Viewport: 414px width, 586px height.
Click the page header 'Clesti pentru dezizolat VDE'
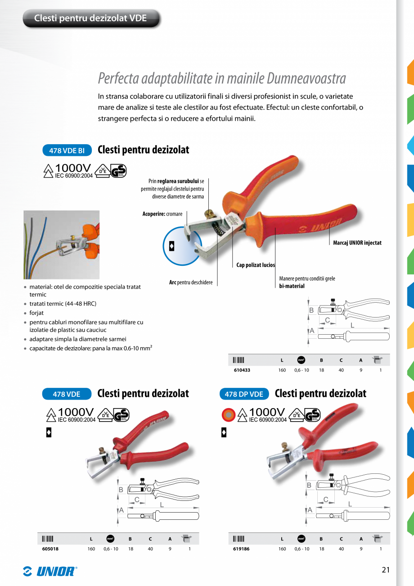pos(90,18)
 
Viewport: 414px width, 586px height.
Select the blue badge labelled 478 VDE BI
pos(67,150)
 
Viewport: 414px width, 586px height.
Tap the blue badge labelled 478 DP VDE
pos(243,394)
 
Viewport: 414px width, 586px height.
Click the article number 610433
pos(242,370)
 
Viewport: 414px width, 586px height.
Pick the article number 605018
pos(50,549)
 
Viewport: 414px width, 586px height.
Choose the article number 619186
pos(242,549)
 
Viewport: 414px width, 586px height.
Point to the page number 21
pos(385,570)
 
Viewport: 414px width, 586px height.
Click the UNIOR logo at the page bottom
pos(50,571)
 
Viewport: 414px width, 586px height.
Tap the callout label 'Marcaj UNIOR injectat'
pos(357,243)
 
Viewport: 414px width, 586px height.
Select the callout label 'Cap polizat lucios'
pos(256,265)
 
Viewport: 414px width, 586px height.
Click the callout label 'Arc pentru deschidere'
pos(190,282)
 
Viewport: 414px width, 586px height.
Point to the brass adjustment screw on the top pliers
pos(208,212)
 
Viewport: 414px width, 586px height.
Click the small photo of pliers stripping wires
pos(62,245)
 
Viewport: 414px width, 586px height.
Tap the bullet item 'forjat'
pos(36,313)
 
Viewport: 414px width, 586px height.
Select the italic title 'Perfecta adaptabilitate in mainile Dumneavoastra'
pos(222,78)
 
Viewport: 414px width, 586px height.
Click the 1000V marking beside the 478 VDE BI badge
pos(73,168)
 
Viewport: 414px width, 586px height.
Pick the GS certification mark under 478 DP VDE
pos(312,414)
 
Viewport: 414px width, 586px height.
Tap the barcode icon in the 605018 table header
pos(48,538)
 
